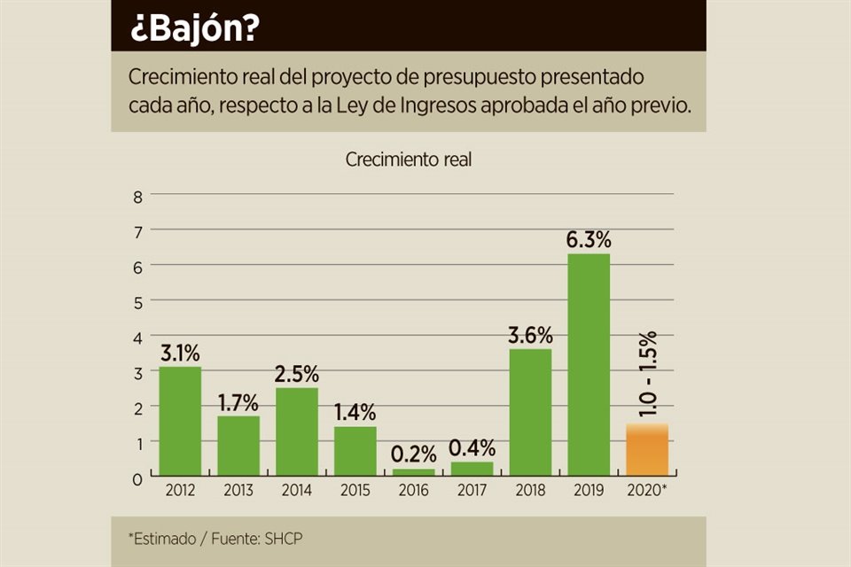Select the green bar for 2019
pyautogui.click(x=588, y=365)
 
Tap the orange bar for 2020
pyautogui.click(x=647, y=450)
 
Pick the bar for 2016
pyautogui.click(x=413, y=472)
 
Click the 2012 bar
pyautogui.click(x=180, y=422)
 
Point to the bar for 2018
pyautogui.click(x=530, y=413)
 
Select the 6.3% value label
pyautogui.click(x=589, y=240)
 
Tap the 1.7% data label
pyautogui.click(x=238, y=403)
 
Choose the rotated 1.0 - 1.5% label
pyautogui.click(x=647, y=375)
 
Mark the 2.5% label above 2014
pyautogui.click(x=297, y=374)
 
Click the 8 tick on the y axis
pyautogui.click(x=137, y=196)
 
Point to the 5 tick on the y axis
pyautogui.click(x=137, y=301)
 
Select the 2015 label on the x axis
pyautogui.click(x=355, y=490)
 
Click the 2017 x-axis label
pyautogui.click(x=472, y=490)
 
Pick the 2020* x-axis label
pyautogui.click(x=648, y=490)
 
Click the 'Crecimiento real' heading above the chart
pyautogui.click(x=409, y=160)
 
